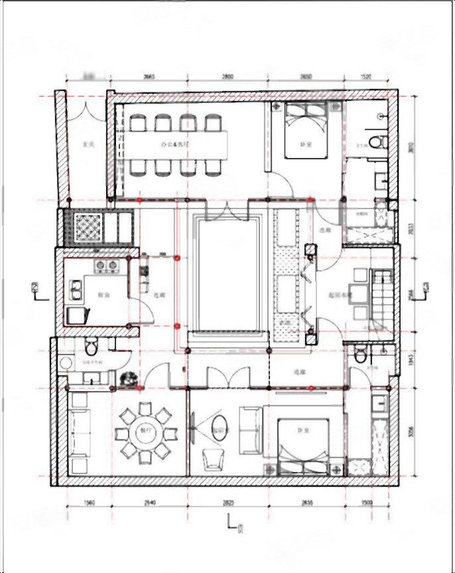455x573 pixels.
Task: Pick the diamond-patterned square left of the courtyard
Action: pyautogui.click(x=87, y=226)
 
